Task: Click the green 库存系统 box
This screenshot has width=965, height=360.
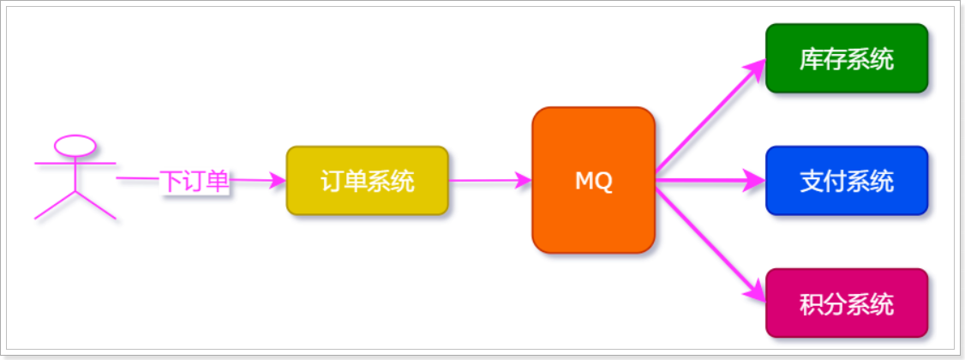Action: click(x=846, y=58)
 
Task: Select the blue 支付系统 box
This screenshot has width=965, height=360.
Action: click(x=846, y=181)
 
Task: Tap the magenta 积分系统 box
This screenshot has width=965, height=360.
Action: click(x=846, y=303)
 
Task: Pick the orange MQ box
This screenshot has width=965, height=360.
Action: click(x=593, y=180)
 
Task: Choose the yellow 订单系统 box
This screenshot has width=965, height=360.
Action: click(x=367, y=181)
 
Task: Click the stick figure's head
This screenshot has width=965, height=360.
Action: click(x=75, y=144)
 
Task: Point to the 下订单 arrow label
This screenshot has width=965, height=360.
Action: click(x=195, y=181)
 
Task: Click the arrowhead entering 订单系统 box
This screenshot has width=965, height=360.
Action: click(x=276, y=181)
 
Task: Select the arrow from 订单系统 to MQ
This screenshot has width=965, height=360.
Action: click(x=488, y=181)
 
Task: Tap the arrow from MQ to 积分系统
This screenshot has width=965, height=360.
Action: click(x=707, y=240)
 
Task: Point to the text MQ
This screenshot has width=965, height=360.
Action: click(x=593, y=182)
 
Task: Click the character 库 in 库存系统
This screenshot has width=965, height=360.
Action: click(x=811, y=59)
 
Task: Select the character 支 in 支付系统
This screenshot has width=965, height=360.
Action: click(x=811, y=182)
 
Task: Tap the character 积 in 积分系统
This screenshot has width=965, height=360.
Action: click(x=811, y=304)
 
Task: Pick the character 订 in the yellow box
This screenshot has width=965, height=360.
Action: click(x=332, y=182)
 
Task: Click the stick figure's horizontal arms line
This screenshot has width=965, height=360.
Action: click(x=75, y=161)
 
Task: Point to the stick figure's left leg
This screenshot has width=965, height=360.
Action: click(x=55, y=205)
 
